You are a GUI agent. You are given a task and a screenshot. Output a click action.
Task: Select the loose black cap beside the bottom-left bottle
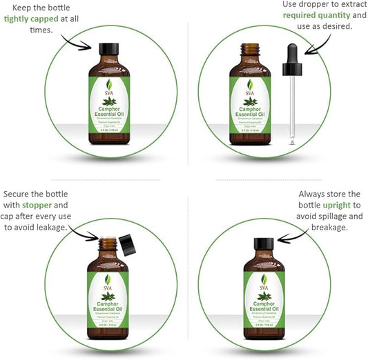(x=126, y=242)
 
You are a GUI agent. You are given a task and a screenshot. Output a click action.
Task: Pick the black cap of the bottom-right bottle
(x=263, y=244)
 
